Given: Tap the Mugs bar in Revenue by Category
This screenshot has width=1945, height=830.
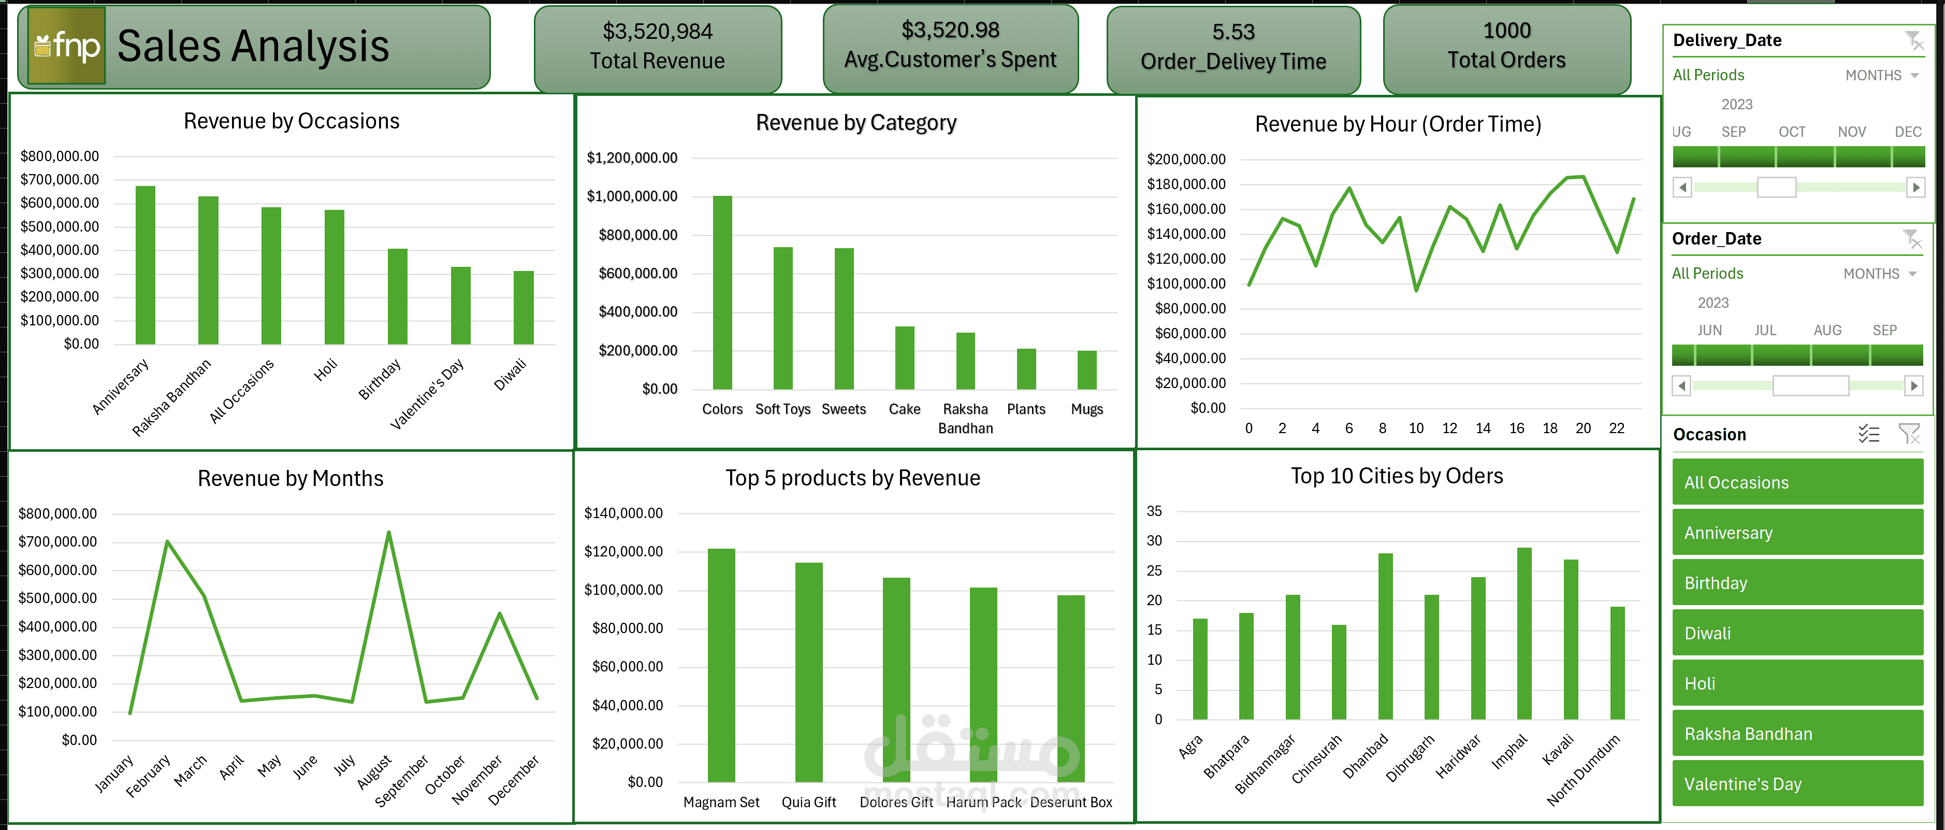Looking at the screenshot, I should [1086, 370].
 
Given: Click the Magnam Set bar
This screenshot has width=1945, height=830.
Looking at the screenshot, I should [721, 665].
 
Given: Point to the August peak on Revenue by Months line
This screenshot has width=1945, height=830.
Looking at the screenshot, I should [389, 533].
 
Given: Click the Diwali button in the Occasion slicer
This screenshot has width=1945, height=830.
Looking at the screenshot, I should [1797, 633].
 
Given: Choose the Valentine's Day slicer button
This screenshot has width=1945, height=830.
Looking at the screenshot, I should [1797, 783].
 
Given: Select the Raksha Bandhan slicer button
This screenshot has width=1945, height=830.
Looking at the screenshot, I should [1797, 733].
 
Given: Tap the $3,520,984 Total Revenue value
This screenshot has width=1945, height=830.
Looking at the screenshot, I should [657, 32].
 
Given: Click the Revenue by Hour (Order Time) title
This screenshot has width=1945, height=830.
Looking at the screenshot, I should [1398, 124].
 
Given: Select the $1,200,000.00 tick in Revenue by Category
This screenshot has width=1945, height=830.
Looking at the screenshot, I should [632, 158].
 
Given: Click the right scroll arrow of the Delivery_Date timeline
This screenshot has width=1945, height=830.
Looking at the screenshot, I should [1915, 188].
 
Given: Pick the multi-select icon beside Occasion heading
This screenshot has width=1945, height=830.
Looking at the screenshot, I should [1869, 434].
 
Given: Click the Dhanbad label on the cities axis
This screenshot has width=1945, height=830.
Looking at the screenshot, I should [1366, 756].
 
